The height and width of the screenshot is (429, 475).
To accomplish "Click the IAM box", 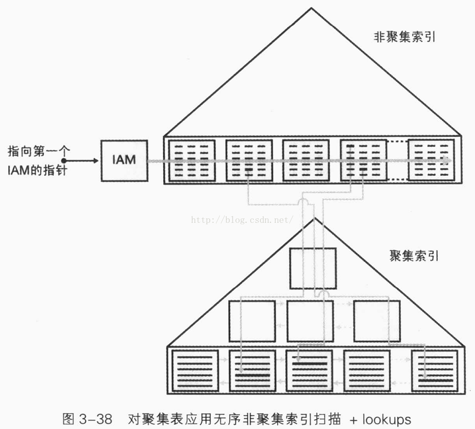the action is [124, 160].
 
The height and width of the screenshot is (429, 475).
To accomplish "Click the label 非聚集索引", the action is [406, 38].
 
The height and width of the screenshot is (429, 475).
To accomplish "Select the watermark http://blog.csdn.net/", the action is [241, 220].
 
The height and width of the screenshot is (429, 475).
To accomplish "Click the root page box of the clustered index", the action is [313, 268].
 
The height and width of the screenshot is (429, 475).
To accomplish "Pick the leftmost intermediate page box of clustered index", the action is [252, 321].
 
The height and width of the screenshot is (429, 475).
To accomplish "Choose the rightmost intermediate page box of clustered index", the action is [377, 321].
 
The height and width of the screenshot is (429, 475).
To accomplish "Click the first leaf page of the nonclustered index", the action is [192, 160].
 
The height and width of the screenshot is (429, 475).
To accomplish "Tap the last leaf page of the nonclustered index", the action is [431, 160].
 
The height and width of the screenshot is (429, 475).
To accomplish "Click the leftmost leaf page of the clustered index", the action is [194, 371].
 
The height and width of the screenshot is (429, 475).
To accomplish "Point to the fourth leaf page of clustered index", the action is [367, 371].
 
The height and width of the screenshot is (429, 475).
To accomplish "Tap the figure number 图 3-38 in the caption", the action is [87, 419].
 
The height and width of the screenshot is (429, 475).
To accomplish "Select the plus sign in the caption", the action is [354, 420].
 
